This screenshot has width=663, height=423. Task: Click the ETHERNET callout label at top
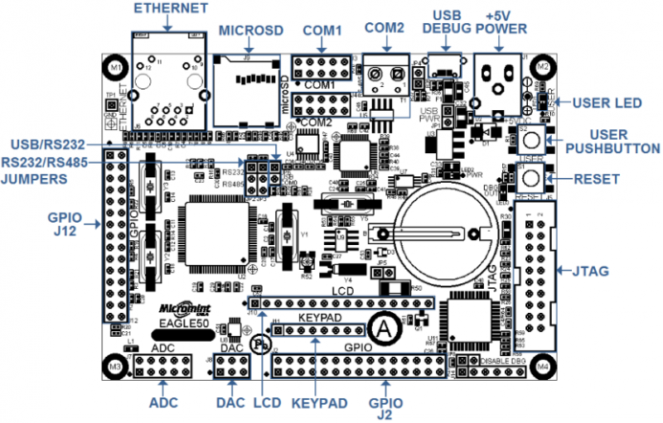click(x=170, y=9)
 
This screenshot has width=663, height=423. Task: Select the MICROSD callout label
click(x=251, y=31)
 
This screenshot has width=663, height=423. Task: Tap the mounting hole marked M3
click(x=115, y=365)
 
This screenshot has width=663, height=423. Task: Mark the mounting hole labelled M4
click(x=544, y=365)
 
